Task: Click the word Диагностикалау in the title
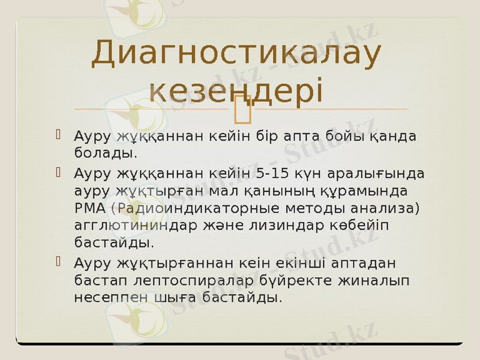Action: pos(236,55)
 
